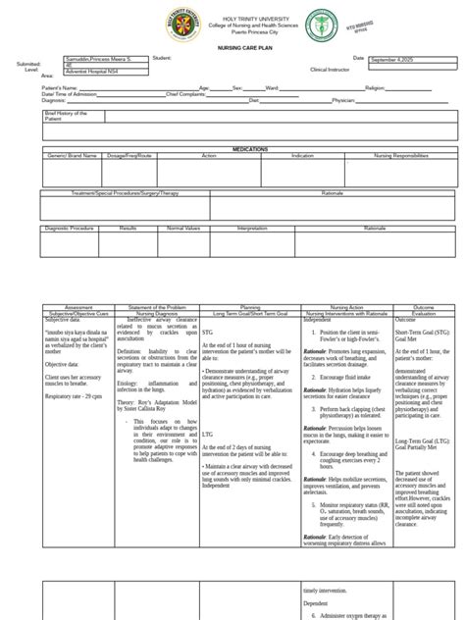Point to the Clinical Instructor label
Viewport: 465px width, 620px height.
[331, 70]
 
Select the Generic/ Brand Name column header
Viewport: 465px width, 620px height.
[73, 155]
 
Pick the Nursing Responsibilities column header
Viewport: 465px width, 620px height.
[401, 155]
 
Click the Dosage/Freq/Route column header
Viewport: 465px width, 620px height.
[130, 155]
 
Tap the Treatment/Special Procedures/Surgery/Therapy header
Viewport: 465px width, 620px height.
[126, 192]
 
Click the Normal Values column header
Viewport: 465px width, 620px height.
[183, 227]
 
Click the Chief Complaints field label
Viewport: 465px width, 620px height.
[185, 93]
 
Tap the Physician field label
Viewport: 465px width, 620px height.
[343, 99]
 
